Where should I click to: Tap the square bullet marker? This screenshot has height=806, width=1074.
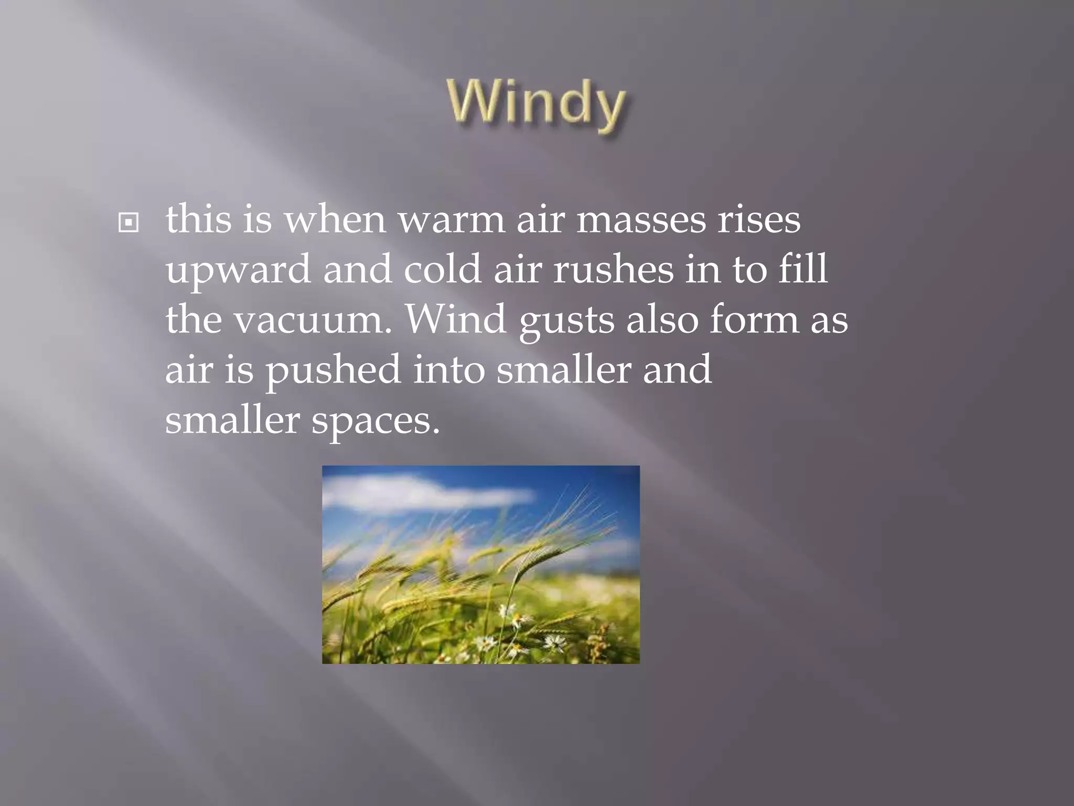[128, 222]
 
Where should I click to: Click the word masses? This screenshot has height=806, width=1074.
[641, 220]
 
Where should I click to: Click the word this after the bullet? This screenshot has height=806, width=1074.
[198, 220]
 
